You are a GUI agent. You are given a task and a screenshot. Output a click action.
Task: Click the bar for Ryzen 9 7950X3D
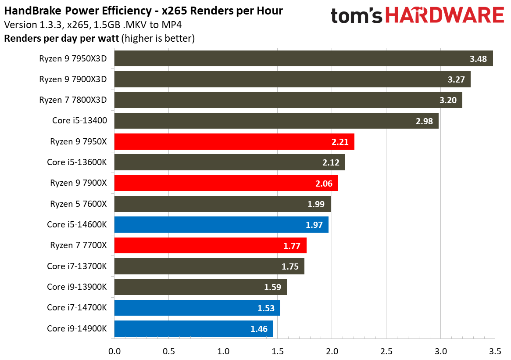303,58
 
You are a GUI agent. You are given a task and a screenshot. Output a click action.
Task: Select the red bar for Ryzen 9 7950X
234,142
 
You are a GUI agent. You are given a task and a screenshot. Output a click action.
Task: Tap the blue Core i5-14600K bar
221,225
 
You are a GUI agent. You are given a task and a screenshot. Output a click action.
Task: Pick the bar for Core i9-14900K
193,328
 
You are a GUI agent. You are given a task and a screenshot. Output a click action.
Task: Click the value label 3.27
456,79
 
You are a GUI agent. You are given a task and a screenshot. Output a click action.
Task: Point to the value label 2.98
424,121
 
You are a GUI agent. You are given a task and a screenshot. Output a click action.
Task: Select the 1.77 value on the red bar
292,246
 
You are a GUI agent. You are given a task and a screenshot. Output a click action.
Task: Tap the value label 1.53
266,308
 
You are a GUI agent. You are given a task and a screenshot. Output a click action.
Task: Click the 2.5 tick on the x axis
386,351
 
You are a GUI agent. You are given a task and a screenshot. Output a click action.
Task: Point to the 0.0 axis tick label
114,351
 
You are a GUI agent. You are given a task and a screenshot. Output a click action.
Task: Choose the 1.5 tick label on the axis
277,351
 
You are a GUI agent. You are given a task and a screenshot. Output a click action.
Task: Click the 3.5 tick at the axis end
495,351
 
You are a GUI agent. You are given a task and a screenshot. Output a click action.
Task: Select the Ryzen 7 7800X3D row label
73,100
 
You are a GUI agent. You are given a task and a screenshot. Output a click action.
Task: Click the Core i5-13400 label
79,121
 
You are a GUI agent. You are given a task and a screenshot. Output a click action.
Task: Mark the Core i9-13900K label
77,287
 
